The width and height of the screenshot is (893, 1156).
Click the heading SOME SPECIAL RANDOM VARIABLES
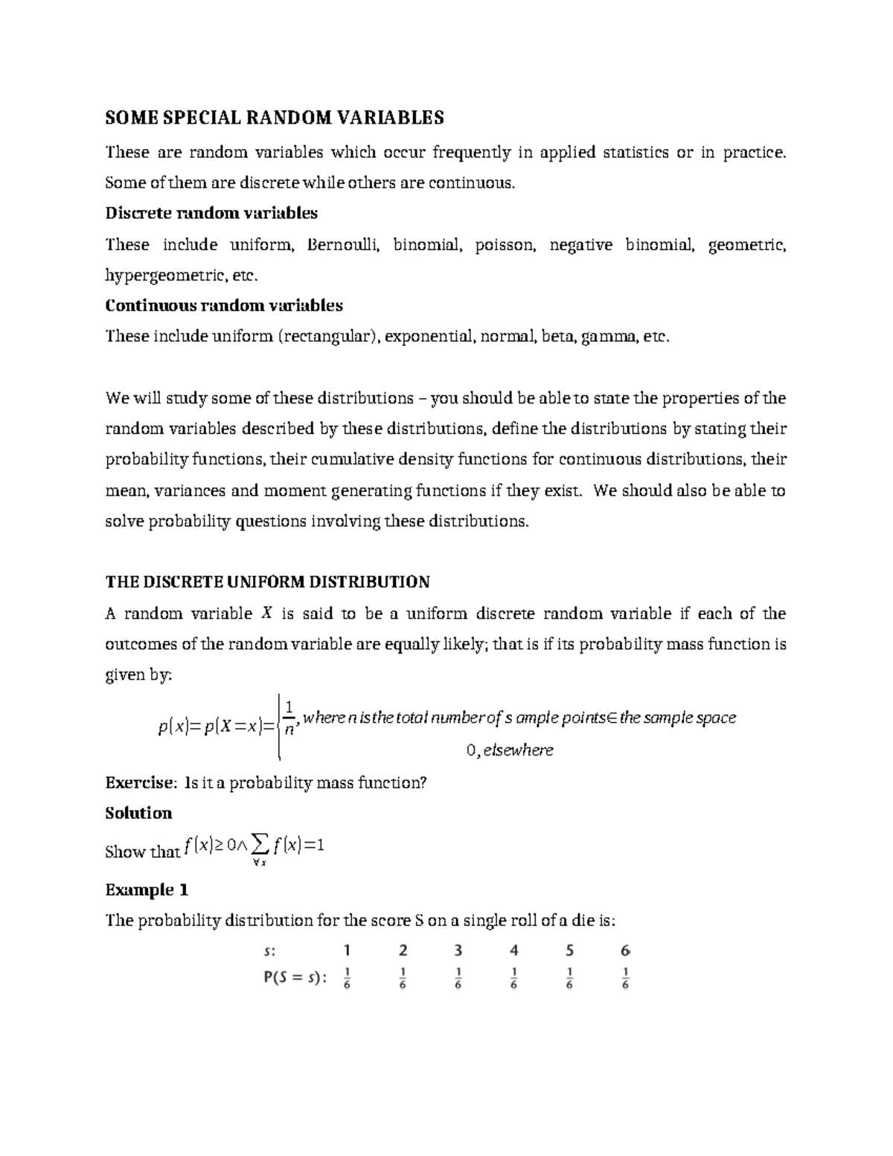(x=274, y=118)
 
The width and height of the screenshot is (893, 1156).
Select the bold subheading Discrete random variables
(x=211, y=214)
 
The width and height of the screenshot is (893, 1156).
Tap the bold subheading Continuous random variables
(x=224, y=306)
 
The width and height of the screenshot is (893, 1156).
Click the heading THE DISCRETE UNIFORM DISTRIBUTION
(x=267, y=582)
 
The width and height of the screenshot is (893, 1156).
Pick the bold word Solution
(x=138, y=813)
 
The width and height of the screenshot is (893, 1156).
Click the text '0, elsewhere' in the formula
(x=510, y=750)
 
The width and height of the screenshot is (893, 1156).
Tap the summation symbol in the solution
(x=259, y=845)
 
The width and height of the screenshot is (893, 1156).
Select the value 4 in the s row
(x=513, y=951)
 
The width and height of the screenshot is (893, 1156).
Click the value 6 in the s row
(x=624, y=951)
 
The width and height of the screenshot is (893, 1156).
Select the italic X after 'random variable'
(x=266, y=614)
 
